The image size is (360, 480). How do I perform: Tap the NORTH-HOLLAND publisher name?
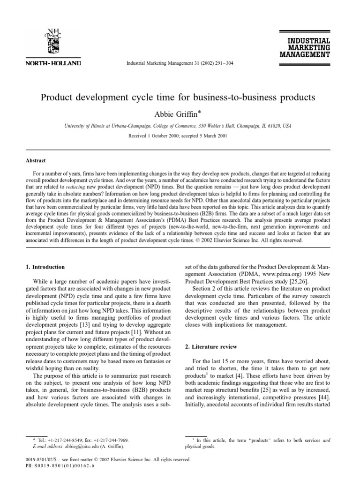click(53, 63)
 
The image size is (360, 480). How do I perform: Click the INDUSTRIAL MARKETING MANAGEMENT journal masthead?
click(305, 47)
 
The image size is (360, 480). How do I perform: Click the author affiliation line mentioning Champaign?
click(178, 126)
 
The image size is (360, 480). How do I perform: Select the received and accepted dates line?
click(178, 135)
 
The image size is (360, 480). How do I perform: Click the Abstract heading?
click(36, 160)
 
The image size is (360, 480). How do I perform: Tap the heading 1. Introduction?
click(45, 267)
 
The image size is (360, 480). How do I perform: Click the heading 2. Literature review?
click(211, 347)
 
